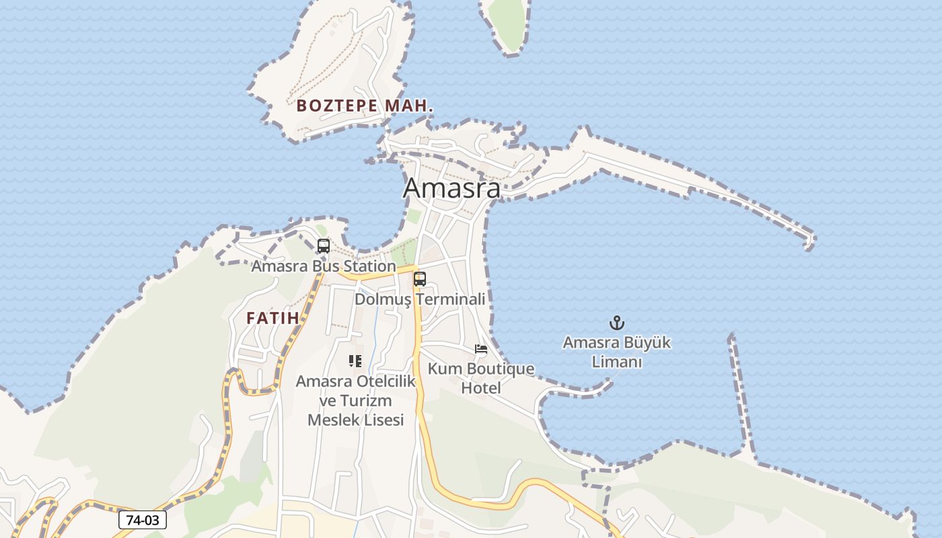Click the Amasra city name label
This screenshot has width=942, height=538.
click(451, 188)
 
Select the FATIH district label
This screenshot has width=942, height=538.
click(273, 318)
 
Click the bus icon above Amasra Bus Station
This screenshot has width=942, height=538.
click(324, 246)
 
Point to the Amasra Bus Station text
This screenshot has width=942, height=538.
click(324, 266)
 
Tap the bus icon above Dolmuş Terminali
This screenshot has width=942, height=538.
click(420, 278)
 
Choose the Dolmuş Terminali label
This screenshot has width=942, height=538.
click(420, 299)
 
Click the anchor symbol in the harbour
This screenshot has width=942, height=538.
click(616, 323)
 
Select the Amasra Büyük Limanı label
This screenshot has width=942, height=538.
click(616, 352)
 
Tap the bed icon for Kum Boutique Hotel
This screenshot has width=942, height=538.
click(481, 349)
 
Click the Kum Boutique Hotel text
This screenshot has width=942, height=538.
click(481, 378)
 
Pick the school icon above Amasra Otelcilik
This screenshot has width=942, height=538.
click(355, 361)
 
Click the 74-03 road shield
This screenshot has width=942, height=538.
click(143, 520)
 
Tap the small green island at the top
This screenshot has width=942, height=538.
click(508, 24)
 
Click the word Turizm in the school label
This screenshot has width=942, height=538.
click(371, 401)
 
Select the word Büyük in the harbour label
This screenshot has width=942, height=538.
click(647, 343)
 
